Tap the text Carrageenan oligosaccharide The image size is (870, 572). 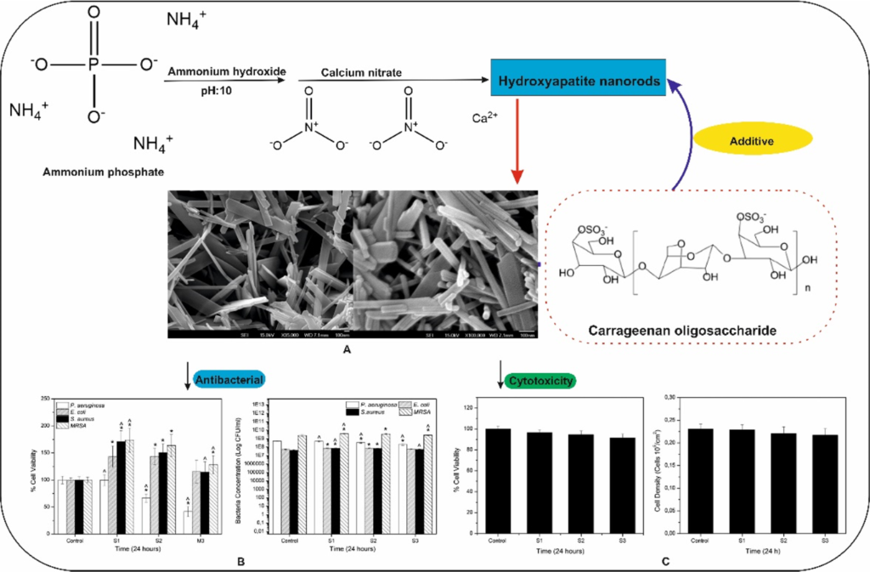coord(689,328)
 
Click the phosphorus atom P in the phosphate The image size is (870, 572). coord(93,62)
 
